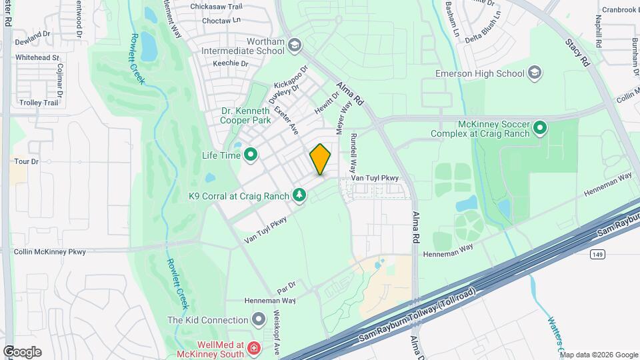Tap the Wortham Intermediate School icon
click(295, 45)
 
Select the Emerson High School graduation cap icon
click(534, 72)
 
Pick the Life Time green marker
click(251, 155)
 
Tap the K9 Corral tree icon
click(299, 195)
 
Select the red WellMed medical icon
click(253, 347)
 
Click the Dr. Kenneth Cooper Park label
click(246, 115)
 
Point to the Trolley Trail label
click(39, 103)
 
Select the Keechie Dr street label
click(230, 63)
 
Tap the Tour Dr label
click(27, 161)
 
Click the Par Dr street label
click(286, 287)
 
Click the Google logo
click(22, 351)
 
